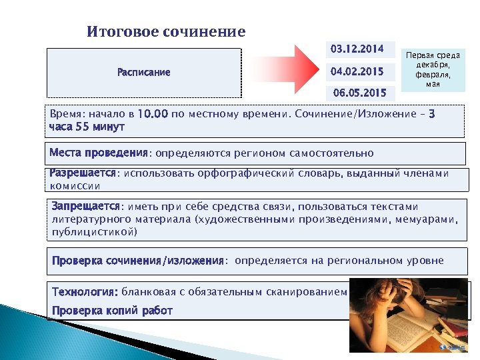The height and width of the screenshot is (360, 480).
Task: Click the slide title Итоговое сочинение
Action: (166, 32)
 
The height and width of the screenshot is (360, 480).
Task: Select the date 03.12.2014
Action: (357, 49)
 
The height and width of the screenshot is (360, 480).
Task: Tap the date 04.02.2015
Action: (357, 70)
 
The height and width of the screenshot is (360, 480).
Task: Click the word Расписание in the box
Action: (143, 72)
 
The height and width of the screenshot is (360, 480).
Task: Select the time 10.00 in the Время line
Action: (153, 114)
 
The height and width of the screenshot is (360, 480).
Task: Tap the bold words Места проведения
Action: (98, 153)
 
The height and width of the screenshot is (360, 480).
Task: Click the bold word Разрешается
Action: (83, 173)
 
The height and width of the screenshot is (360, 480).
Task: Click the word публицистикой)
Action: (95, 233)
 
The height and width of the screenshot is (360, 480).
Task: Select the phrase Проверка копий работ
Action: (112, 311)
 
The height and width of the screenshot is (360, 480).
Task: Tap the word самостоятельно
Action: (331, 153)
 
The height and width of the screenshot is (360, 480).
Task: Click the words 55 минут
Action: (99, 127)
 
